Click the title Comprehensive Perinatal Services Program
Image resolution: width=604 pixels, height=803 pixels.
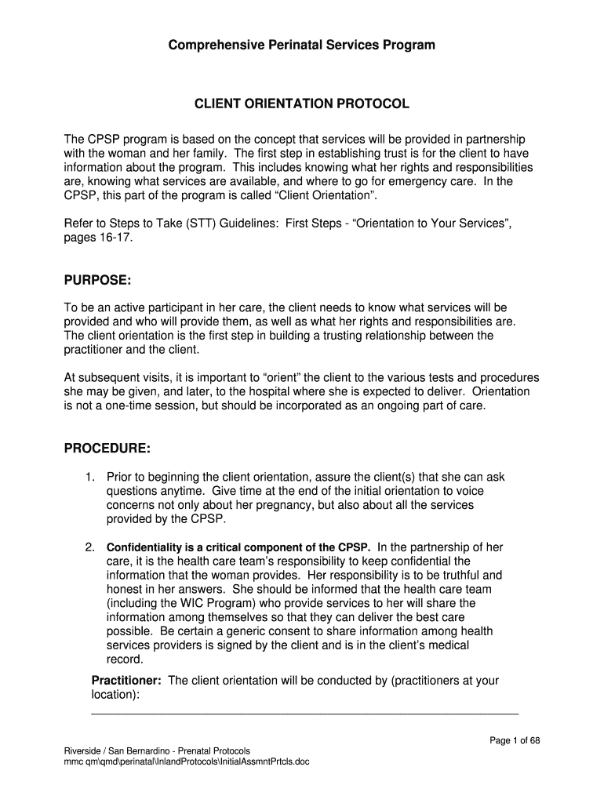tap(301, 45)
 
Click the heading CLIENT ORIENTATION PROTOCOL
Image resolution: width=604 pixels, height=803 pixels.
tap(301, 104)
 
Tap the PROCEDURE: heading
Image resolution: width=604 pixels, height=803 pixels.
tap(107, 449)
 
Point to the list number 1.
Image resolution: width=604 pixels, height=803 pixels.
tap(90, 477)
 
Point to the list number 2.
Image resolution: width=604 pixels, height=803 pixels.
tap(90, 547)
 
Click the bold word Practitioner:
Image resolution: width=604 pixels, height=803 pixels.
tap(126, 681)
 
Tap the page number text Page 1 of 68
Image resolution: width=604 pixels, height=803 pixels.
tap(515, 740)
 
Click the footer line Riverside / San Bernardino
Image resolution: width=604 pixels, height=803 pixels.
tap(157, 750)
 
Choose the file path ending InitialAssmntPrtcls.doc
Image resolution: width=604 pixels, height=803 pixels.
tap(187, 761)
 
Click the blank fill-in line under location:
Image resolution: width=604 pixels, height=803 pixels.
tap(305, 714)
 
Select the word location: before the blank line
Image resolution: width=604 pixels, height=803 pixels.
tap(115, 695)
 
